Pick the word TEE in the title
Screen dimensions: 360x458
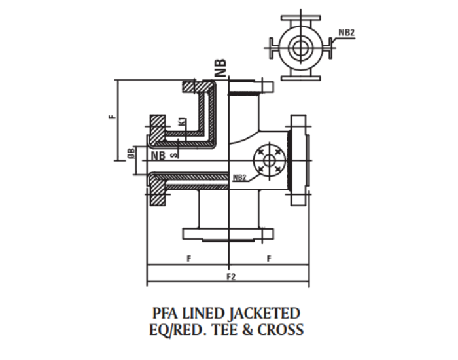pyautogui.click(x=229, y=329)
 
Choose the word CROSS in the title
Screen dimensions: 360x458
pyautogui.click(x=282, y=329)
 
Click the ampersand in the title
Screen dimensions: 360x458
pyautogui.click(x=251, y=329)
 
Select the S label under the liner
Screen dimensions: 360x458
pyautogui.click(x=173, y=155)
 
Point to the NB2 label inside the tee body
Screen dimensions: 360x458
pyautogui.click(x=239, y=177)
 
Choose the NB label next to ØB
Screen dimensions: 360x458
pyautogui.click(x=158, y=156)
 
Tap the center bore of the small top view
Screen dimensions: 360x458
pyautogui.click(x=301, y=47)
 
